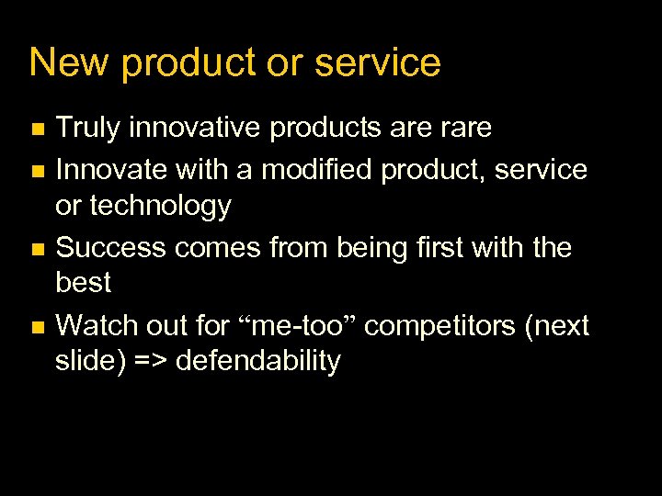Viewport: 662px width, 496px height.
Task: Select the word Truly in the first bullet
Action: (x=88, y=129)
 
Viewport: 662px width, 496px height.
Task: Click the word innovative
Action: (x=196, y=129)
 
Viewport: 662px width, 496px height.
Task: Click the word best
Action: (x=83, y=283)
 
